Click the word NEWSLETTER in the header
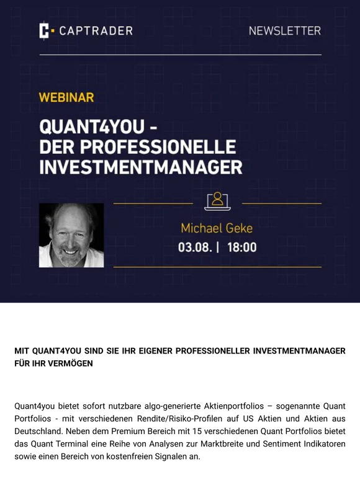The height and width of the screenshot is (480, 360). (x=285, y=30)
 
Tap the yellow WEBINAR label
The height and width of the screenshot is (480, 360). (x=66, y=97)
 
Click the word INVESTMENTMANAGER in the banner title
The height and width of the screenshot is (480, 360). (x=140, y=167)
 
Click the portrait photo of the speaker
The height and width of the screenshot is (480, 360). (x=71, y=235)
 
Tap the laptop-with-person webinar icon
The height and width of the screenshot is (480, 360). (x=217, y=201)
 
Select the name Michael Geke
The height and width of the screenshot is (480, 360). (x=217, y=228)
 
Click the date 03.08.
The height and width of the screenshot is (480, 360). (x=194, y=247)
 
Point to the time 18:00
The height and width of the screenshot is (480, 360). (x=242, y=247)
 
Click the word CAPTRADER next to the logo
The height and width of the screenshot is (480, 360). (x=96, y=30)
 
